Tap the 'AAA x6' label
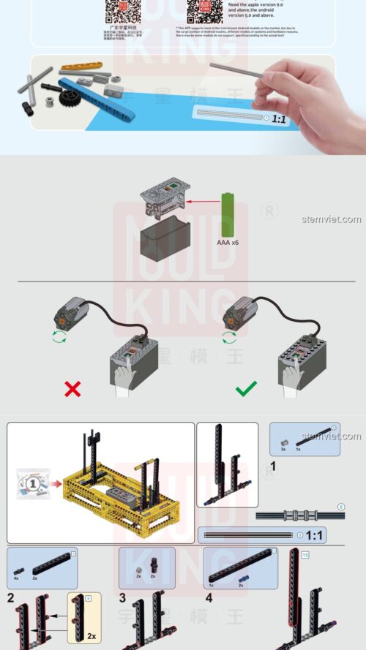228,241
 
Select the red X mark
72,389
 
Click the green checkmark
246,388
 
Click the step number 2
11,597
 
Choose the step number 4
209,597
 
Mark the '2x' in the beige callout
91,635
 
